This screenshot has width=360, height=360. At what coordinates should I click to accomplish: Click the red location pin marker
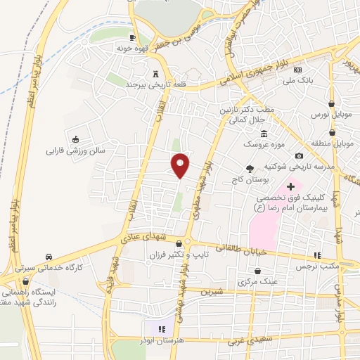click(x=181, y=165)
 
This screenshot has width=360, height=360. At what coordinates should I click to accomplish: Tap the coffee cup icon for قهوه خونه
click(x=131, y=38)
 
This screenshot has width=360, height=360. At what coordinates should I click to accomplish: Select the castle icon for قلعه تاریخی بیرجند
click(x=155, y=74)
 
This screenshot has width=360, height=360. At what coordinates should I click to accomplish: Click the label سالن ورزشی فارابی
click(x=75, y=150)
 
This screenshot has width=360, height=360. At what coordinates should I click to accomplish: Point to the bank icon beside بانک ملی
click(x=297, y=70)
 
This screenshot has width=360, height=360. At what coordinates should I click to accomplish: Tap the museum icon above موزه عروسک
click(x=264, y=134)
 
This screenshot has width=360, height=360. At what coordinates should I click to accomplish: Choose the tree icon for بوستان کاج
click(x=250, y=168)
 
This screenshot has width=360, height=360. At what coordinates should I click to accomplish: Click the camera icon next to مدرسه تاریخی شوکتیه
click(x=300, y=155)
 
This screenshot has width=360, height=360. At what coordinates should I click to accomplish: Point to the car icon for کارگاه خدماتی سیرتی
click(x=49, y=257)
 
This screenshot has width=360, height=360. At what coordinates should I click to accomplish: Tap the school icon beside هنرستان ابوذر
click(x=160, y=328)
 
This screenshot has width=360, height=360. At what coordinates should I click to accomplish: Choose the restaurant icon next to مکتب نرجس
click(x=316, y=255)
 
